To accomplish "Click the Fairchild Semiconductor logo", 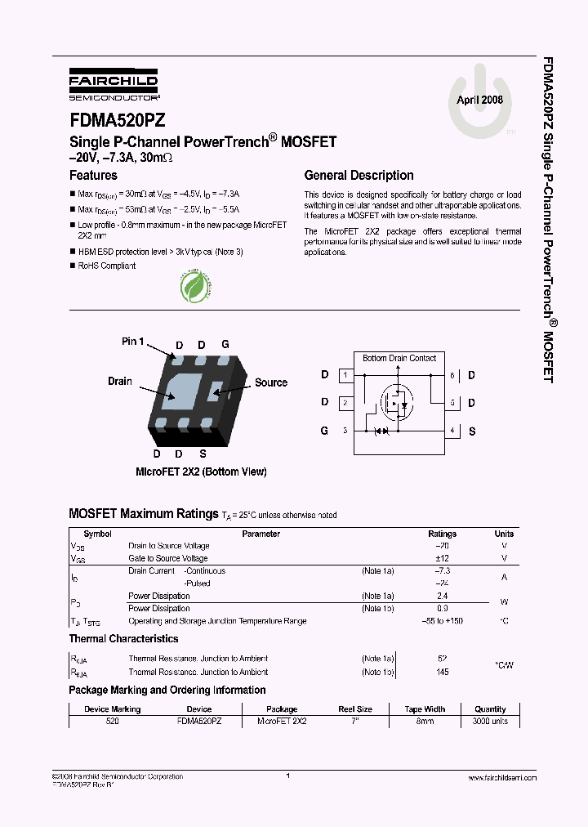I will (114, 83).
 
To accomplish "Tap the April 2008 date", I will (479, 100).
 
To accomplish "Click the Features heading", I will (93, 175).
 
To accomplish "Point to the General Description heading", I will (359, 175).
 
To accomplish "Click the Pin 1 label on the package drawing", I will (132, 341).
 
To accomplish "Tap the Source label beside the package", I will (270, 382).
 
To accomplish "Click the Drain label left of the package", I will (120, 382).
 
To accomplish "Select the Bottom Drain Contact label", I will (399, 358).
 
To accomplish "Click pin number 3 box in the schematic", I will (345, 430).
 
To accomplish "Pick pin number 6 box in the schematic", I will (452, 375).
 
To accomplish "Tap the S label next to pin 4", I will (472, 430).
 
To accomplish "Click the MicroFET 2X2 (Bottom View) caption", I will (201, 472).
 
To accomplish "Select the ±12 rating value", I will (443, 558).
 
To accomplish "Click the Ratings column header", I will (443, 534).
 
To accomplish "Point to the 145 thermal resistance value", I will (443, 672).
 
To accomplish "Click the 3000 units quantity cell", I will (490, 722).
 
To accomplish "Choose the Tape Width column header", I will (425, 709).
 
